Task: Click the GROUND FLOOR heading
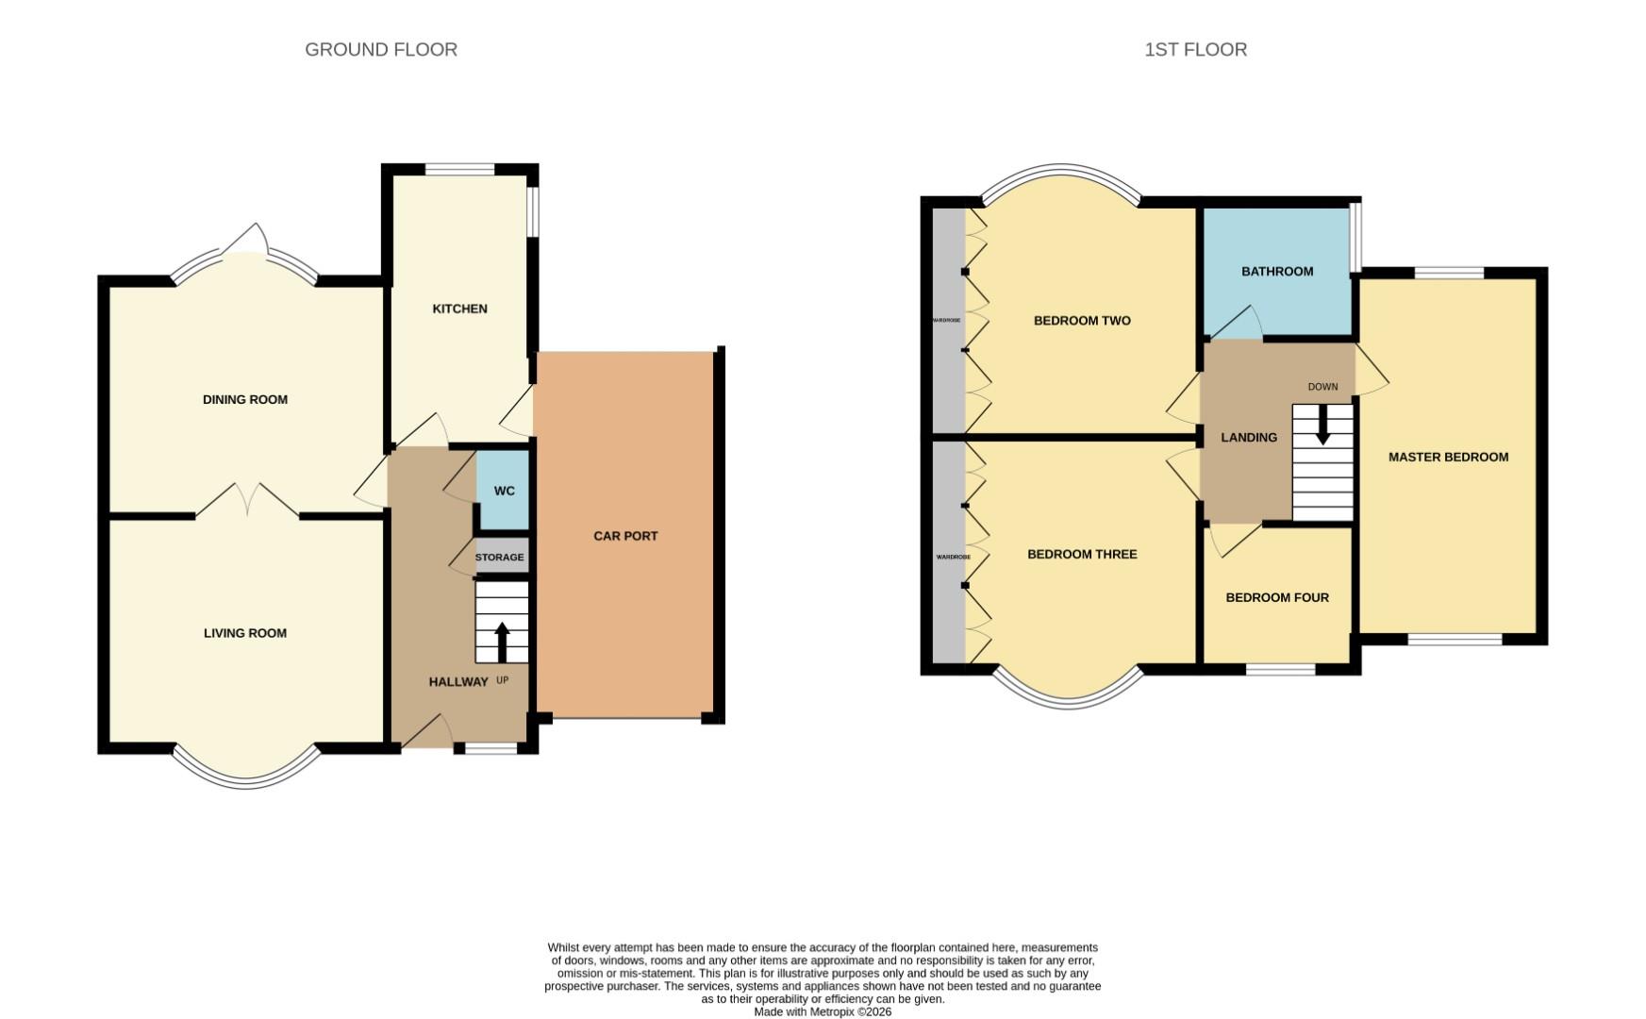pos(381,49)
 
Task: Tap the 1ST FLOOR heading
pos(1195,49)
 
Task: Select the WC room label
pos(505,491)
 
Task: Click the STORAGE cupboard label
pos(499,558)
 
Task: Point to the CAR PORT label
pos(625,536)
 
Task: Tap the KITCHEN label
pos(459,309)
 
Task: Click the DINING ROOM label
pos(245,399)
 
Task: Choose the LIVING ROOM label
pos(245,633)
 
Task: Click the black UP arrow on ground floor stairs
pos(501,642)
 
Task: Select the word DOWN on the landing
pos(1322,387)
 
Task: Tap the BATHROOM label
pos(1277,271)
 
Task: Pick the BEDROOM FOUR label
pos(1277,597)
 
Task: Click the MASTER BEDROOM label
pos(1448,457)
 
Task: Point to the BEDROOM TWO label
pos(1082,321)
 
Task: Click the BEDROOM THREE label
pos(1082,554)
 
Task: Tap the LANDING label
pos(1249,437)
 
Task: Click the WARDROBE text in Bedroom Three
pos(953,558)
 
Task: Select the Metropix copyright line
pos(823,1011)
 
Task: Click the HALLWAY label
pos(458,681)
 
